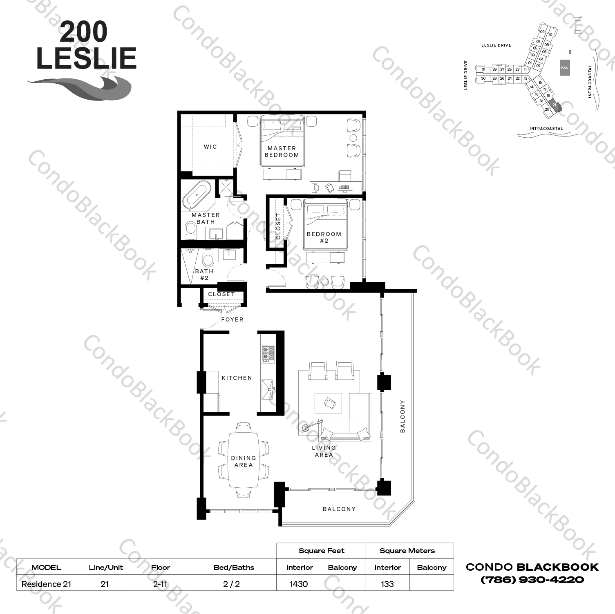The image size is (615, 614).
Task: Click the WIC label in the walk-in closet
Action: (210, 147)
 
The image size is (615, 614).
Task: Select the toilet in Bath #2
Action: (208, 260)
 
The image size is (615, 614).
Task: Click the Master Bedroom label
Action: (282, 152)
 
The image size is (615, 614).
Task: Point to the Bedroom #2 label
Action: (324, 237)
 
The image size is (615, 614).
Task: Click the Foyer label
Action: (232, 319)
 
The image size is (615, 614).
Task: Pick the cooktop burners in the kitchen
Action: (268, 354)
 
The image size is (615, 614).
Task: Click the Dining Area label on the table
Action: (244, 462)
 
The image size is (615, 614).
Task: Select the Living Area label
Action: (324, 451)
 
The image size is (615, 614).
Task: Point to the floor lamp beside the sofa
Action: (306, 428)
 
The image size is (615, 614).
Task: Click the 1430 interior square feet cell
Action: (299, 584)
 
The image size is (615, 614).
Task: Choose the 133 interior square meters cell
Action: (387, 584)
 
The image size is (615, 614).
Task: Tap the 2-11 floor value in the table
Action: (160, 584)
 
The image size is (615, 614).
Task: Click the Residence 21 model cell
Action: (46, 584)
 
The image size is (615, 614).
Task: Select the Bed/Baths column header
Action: (234, 567)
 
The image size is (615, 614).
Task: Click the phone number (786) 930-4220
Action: (532, 580)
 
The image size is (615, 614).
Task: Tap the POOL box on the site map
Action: (564, 67)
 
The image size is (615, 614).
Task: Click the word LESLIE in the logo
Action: (86, 58)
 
